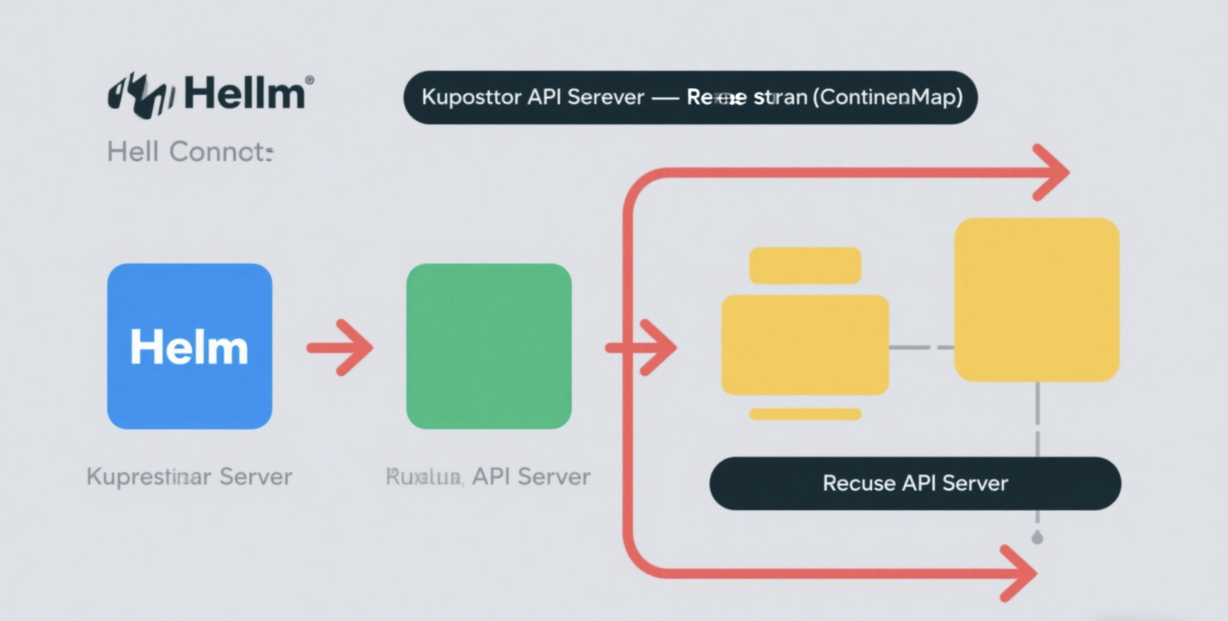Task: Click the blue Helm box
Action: [x=189, y=346]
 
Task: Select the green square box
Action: [x=489, y=346]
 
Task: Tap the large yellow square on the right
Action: [x=1036, y=299]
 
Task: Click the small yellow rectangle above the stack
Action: [x=805, y=265]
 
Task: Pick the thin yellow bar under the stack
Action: [x=805, y=414]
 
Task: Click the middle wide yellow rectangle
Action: [x=805, y=345]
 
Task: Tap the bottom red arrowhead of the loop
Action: [x=1020, y=574]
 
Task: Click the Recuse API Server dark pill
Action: [x=915, y=484]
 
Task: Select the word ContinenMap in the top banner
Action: [x=888, y=97]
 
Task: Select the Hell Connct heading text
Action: [x=190, y=152]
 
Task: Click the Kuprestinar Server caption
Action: [x=189, y=476]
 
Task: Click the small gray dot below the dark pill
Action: [x=1037, y=538]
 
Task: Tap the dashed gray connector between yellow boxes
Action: [x=921, y=347]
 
